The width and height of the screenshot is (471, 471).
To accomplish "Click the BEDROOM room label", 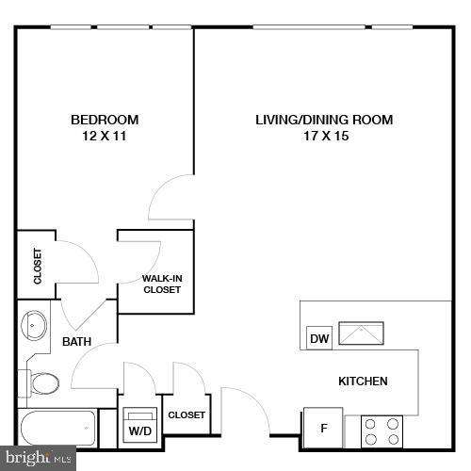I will (105, 120).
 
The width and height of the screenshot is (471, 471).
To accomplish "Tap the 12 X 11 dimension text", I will (105, 136).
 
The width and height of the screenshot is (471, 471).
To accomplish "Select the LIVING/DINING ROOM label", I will (324, 120).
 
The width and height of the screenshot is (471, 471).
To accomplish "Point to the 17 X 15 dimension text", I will (324, 136).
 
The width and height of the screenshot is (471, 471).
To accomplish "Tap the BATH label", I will (76, 342).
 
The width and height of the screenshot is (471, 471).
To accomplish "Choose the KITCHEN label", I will (363, 382).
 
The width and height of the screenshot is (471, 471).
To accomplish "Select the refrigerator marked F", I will (323, 429).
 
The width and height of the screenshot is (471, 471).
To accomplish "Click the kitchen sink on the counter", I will (362, 333).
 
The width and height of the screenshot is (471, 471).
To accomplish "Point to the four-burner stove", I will (382, 430).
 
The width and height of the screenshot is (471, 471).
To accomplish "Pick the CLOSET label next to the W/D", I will (186, 414).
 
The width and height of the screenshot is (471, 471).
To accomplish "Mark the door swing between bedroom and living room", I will (172, 198).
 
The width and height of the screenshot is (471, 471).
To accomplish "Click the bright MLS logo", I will (39, 460).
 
